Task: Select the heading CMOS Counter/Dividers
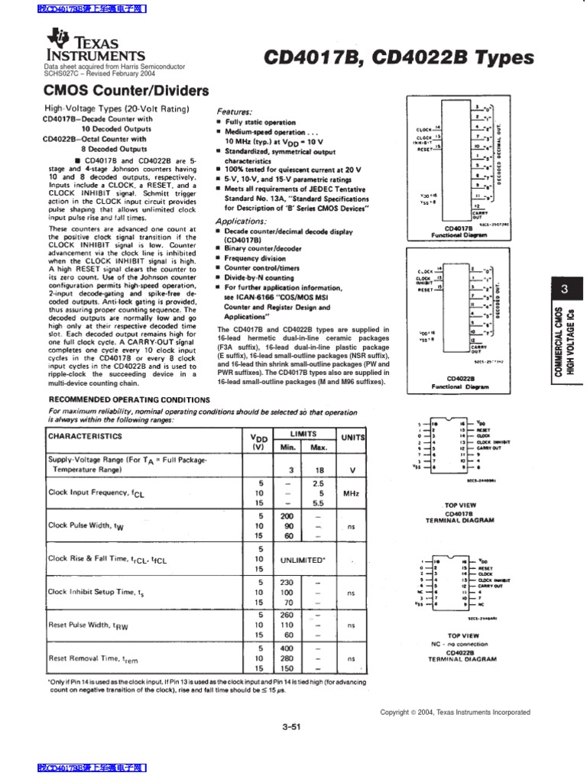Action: (125, 91)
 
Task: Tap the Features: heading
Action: (236, 111)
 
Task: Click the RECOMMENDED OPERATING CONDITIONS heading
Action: (129, 399)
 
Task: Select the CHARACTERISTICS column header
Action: (85, 436)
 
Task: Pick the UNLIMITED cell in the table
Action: (302, 560)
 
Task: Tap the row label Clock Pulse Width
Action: (85, 525)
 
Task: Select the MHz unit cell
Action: (352, 493)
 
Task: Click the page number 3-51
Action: (293, 726)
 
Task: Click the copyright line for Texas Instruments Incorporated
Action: (465, 713)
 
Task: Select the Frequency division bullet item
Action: (257, 258)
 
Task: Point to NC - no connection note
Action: (462, 644)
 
